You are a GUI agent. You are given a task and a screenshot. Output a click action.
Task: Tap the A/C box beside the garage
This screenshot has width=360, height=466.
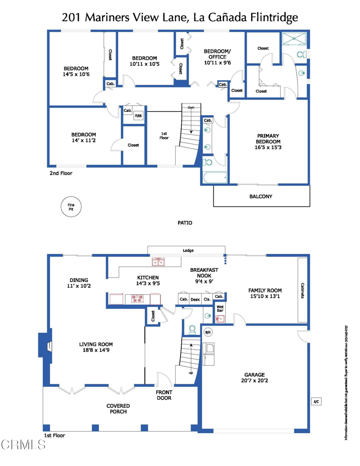[x=316, y=401]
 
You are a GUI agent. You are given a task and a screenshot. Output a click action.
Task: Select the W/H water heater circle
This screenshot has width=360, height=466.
[x=208, y=331]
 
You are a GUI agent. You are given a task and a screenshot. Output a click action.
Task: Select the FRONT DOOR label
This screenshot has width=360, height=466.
[x=164, y=395]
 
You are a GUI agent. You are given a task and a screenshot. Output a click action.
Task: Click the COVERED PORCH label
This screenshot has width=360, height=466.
[x=118, y=408]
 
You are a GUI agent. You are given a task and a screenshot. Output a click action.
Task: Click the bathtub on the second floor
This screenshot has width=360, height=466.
[x=214, y=177]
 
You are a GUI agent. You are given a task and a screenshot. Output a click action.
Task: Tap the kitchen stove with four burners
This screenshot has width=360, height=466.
[x=138, y=299]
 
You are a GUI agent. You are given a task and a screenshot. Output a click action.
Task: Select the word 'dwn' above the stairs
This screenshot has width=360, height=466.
[x=191, y=107]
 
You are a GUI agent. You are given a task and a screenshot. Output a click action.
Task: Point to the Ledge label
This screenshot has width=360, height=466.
[x=188, y=250]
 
